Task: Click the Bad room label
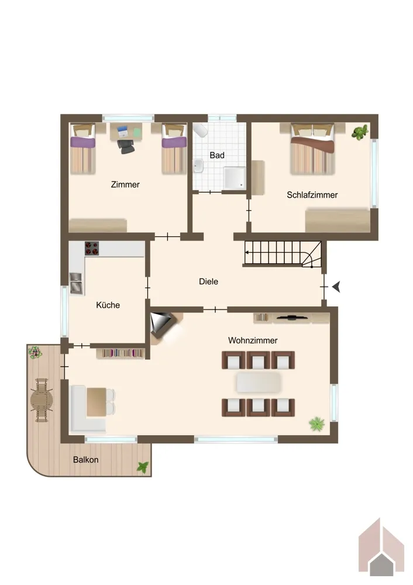click(217, 155)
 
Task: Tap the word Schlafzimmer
click(312, 195)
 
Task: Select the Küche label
click(108, 305)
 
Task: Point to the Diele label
click(208, 281)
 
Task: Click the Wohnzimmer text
click(253, 340)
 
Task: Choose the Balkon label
click(85, 460)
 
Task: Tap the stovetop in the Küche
click(92, 249)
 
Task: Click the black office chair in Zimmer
click(126, 146)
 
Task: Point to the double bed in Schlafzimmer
click(312, 149)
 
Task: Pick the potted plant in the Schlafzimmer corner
click(360, 132)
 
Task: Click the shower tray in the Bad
click(235, 178)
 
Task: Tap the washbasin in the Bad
click(198, 166)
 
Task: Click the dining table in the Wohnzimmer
click(259, 383)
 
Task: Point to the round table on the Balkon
click(42, 400)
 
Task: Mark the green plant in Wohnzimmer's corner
click(316, 424)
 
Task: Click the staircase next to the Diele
click(283, 254)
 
